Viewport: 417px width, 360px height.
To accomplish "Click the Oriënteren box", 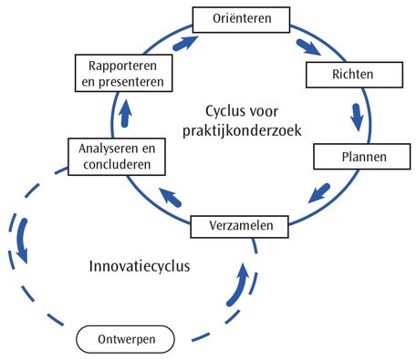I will (x=242, y=17).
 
